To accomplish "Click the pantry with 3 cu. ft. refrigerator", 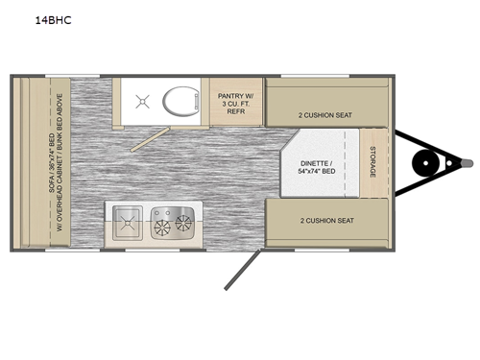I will [x=235, y=103].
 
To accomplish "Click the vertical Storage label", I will [x=372, y=163].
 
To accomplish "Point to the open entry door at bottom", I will [x=242, y=271].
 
